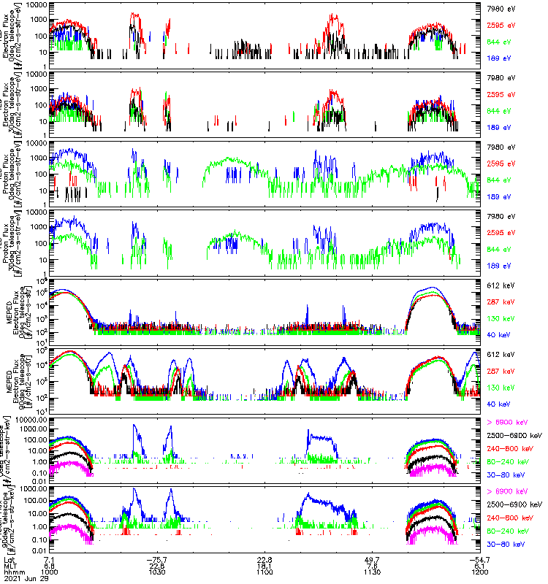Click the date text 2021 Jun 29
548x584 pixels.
coord(27,577)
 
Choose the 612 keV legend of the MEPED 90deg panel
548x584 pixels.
coord(502,354)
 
